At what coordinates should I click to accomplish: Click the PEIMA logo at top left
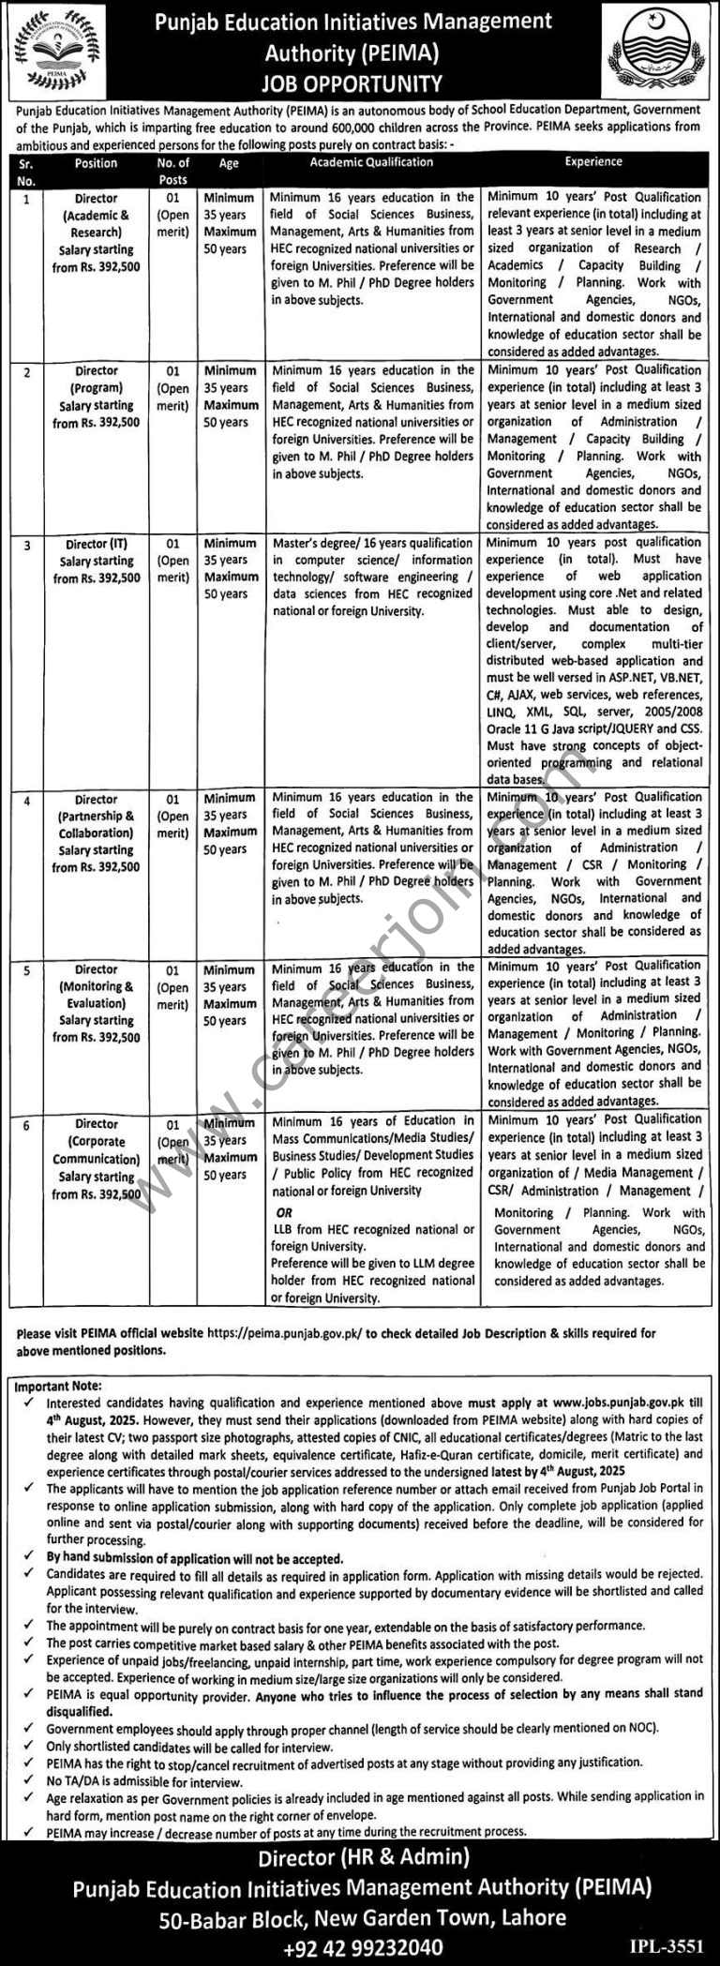coord(56,46)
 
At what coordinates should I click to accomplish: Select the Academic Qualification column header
coord(372,162)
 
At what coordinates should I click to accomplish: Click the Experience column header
coord(592,162)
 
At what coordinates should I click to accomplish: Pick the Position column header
coord(96,163)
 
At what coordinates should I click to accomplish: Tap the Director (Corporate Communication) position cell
coord(96,1159)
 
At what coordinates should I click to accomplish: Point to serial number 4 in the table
coord(26,801)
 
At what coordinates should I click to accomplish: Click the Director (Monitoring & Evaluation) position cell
coord(96,1003)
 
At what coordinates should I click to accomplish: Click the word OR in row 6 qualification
coord(284,1212)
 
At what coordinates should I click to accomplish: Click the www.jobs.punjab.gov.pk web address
coord(613,1403)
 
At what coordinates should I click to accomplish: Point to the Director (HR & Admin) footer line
coord(359,1854)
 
